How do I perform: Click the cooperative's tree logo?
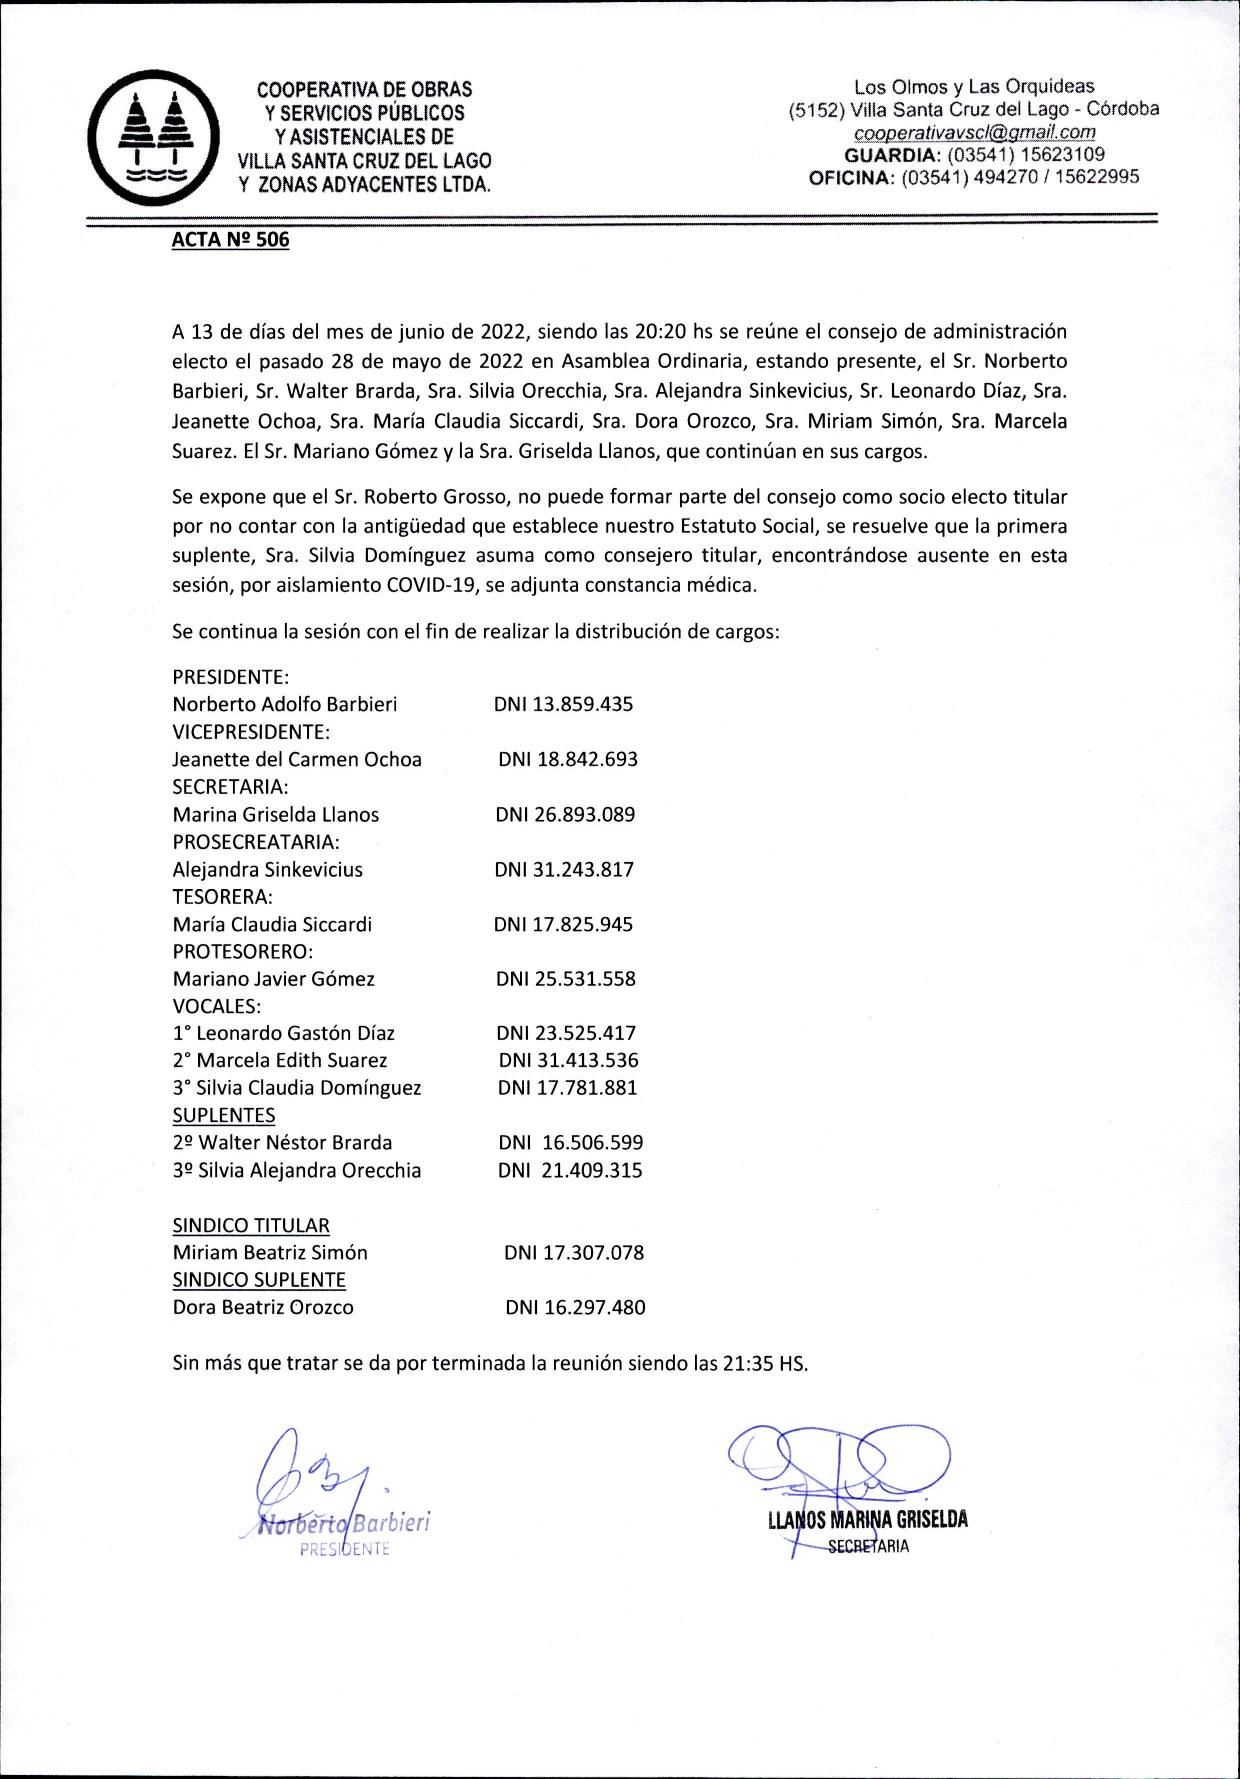pyautogui.click(x=153, y=138)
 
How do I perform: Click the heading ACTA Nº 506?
pyautogui.click(x=230, y=240)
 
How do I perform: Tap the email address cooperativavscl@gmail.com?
pyautogui.click(x=974, y=132)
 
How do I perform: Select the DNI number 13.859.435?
pyautogui.click(x=564, y=704)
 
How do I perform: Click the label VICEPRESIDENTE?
pyautogui.click(x=251, y=732)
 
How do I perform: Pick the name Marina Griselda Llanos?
pyautogui.click(x=276, y=814)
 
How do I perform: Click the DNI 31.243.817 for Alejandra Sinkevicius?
pyautogui.click(x=564, y=869)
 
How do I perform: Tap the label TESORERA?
pyautogui.click(x=222, y=896)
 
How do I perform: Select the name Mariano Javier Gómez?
pyautogui.click(x=273, y=979)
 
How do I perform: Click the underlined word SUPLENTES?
pyautogui.click(x=223, y=1115)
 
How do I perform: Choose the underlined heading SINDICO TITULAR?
pyautogui.click(x=250, y=1225)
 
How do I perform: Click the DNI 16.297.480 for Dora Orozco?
pyautogui.click(x=575, y=1307)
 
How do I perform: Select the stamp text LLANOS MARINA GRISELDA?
pyautogui.click(x=867, y=1520)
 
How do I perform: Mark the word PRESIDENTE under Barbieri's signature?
pyautogui.click(x=345, y=1550)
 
